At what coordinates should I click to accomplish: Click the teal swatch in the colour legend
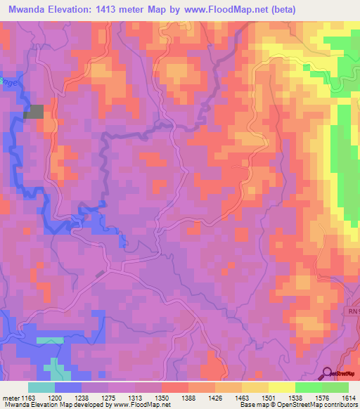pyautogui.click(x=41, y=387)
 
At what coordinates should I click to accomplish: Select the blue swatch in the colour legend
pyautogui.click(x=68, y=387)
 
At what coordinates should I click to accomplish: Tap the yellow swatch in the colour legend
pyautogui.click(x=282, y=387)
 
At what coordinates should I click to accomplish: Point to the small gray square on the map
pyautogui.click(x=34, y=111)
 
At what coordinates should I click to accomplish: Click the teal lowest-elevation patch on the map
pyautogui.click(x=49, y=340)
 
